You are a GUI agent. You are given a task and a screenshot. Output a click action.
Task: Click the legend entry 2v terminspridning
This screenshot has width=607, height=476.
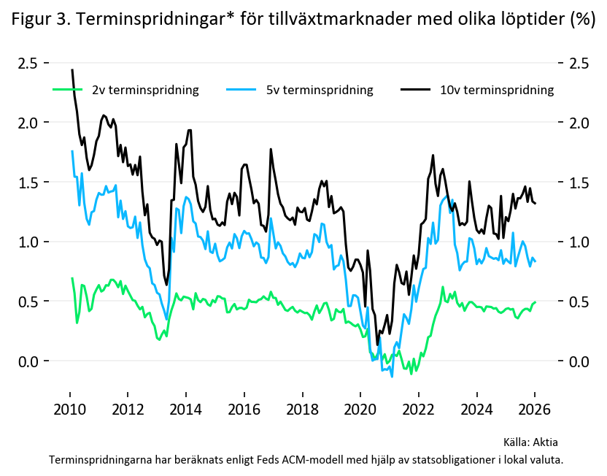pyautogui.click(x=145, y=91)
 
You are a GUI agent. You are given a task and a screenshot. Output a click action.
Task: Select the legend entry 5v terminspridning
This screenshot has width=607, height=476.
pyautogui.click(x=319, y=91)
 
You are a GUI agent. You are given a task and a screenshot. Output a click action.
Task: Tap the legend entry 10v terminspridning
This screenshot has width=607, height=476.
pyautogui.click(x=497, y=91)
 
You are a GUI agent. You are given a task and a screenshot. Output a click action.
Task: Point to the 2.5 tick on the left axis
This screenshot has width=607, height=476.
pyautogui.click(x=28, y=63)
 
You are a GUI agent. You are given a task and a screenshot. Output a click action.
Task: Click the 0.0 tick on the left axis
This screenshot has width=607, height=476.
pyautogui.click(x=28, y=361)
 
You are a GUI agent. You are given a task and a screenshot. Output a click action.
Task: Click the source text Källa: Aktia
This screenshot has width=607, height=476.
pyautogui.click(x=530, y=442)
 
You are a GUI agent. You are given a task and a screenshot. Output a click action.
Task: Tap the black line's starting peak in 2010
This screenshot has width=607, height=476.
pyautogui.click(x=72, y=70)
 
